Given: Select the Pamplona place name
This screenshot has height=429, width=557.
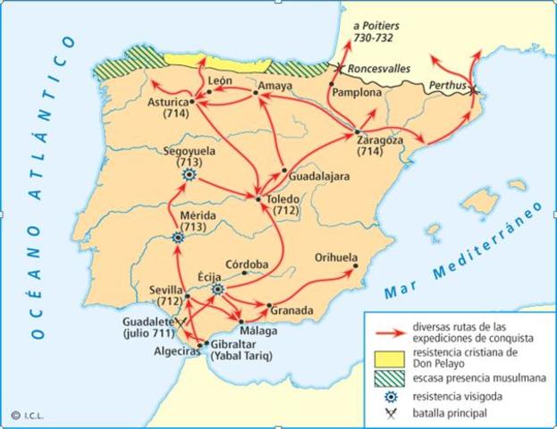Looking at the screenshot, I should coord(356,92).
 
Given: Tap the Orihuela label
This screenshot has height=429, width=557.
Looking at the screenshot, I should coord(335,257).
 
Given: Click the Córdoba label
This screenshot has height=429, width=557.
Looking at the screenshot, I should coord(247,264).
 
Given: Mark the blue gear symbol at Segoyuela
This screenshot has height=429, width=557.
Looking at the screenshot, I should coord(189,176).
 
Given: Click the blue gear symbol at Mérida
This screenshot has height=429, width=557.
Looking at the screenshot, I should coord(176,239).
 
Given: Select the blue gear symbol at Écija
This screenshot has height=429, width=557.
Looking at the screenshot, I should coord(217,289).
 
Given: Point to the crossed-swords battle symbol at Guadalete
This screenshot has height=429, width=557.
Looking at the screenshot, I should coord(181,320).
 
